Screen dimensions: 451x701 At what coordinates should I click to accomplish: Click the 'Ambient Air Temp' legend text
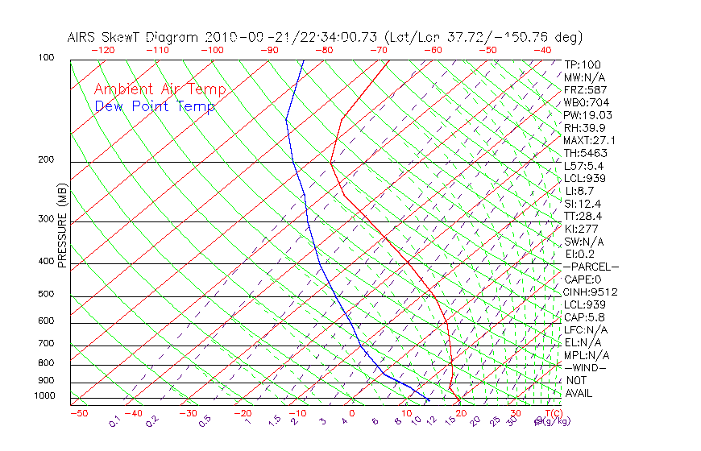(160, 89)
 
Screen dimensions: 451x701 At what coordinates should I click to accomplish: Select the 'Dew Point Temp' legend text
(155, 106)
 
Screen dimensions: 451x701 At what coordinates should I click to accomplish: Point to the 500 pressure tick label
(45, 294)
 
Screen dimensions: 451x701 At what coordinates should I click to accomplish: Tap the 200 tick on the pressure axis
(45, 160)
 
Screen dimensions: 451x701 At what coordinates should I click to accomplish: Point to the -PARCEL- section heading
(591, 267)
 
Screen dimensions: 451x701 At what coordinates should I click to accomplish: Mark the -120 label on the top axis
(103, 50)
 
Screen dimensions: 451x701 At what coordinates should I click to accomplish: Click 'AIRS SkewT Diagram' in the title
(134, 37)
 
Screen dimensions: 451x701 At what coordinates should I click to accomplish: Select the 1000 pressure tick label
(45, 396)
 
